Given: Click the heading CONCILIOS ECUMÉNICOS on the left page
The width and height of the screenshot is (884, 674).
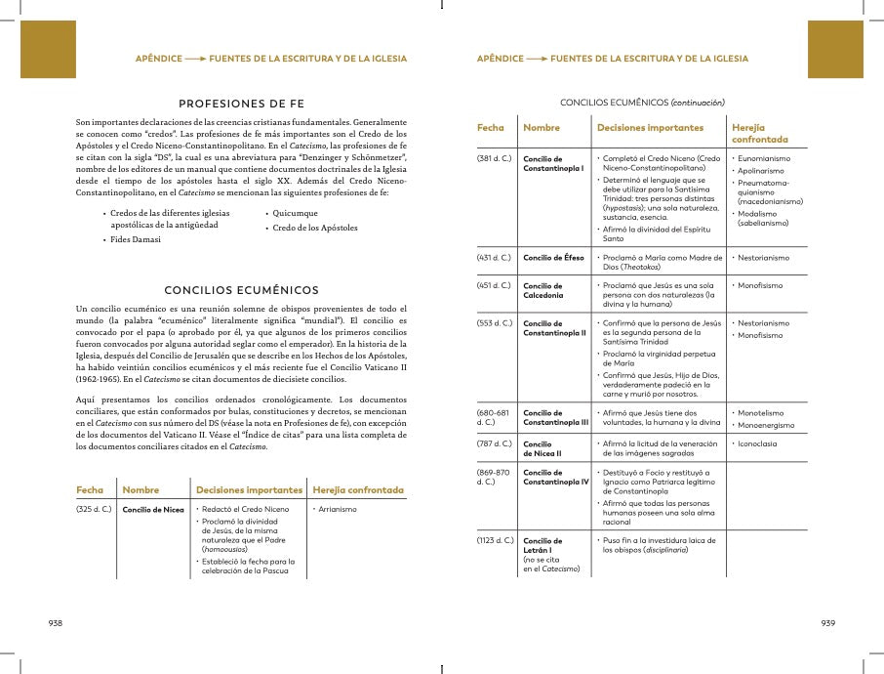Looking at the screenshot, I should coord(241,290).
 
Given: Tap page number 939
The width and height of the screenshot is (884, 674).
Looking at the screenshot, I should coord(827,622).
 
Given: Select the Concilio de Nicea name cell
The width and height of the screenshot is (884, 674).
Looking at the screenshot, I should coord(153,510).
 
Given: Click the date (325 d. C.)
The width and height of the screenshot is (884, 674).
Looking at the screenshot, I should coord(94,510).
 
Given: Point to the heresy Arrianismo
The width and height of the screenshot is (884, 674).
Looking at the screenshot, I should coord(336,510).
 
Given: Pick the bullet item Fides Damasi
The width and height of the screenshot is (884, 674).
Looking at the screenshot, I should coord(135,239).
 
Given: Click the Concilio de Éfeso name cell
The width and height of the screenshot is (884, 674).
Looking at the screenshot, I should coord(553,258).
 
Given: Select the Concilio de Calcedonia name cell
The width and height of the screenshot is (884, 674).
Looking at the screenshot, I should coord(545,290).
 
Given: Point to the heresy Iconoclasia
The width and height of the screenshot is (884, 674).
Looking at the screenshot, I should coord(758,443).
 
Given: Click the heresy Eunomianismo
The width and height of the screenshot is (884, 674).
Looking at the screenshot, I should coord(764,158).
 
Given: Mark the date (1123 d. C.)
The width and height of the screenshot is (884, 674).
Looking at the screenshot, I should coord(496,540).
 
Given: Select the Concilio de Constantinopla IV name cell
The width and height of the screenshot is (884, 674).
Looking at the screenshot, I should coord(555,478).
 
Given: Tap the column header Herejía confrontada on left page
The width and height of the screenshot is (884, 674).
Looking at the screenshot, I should coord(357,489).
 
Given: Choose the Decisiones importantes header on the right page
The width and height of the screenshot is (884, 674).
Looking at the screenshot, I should coord(649,128).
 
